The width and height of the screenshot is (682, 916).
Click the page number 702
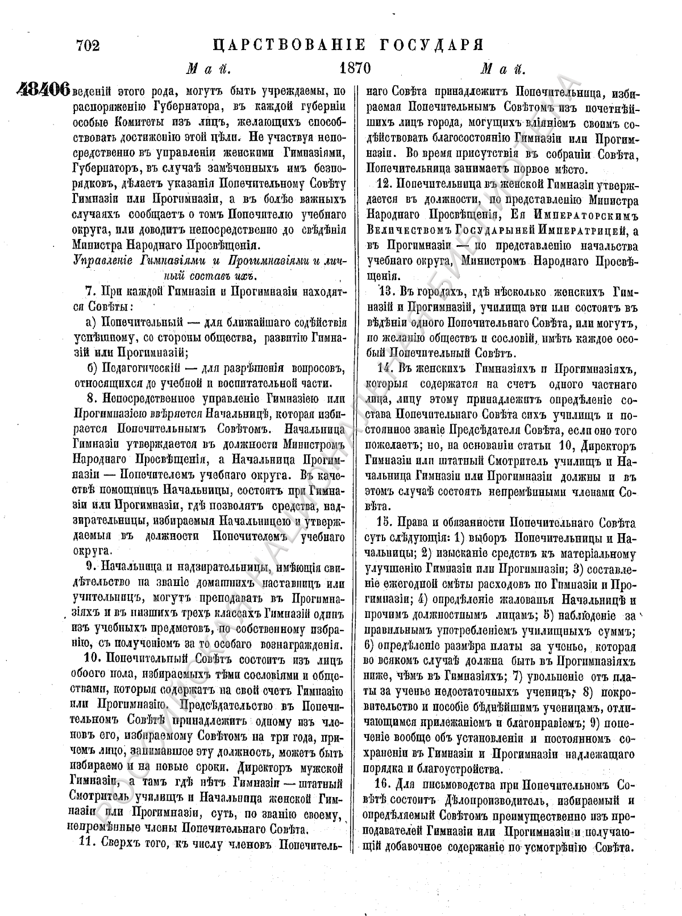click(x=87, y=45)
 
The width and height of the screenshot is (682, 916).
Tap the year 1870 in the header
click(x=355, y=69)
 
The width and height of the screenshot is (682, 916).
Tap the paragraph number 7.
click(x=88, y=292)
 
